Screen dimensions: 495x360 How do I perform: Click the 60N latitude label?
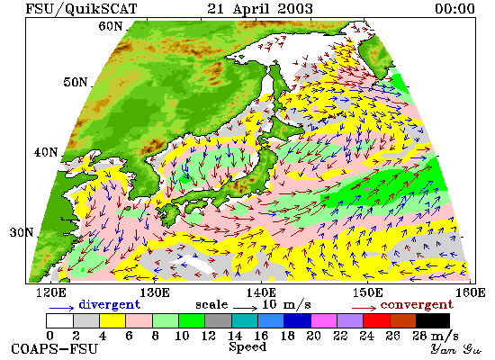(x=110, y=26)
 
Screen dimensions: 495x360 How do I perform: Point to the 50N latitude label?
(x=76, y=82)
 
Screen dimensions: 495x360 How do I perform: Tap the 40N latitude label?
(x=46, y=152)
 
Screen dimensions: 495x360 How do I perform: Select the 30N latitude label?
(x=22, y=232)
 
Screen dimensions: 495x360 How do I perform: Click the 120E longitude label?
(x=51, y=292)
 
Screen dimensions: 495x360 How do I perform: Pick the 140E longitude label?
(x=261, y=292)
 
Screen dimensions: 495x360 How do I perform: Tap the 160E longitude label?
(x=471, y=292)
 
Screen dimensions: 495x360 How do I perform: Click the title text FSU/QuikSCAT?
(x=81, y=8)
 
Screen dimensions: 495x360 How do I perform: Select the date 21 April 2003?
(x=260, y=8)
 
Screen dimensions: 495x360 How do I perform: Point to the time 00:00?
(x=454, y=8)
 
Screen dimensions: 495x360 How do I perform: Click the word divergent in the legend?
(x=109, y=304)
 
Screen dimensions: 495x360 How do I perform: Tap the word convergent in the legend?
(x=417, y=305)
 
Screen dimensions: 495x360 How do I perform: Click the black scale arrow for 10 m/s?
(x=246, y=307)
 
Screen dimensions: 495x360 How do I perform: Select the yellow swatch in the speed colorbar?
(x=112, y=320)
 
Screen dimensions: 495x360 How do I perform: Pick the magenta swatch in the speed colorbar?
(x=324, y=320)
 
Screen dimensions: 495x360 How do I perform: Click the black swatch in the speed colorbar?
(x=433, y=320)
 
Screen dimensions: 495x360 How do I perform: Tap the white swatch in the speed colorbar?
(x=59, y=320)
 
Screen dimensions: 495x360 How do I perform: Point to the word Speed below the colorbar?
(x=247, y=346)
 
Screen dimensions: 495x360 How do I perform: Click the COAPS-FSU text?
(x=54, y=349)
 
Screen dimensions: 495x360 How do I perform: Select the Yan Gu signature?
(x=456, y=349)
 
